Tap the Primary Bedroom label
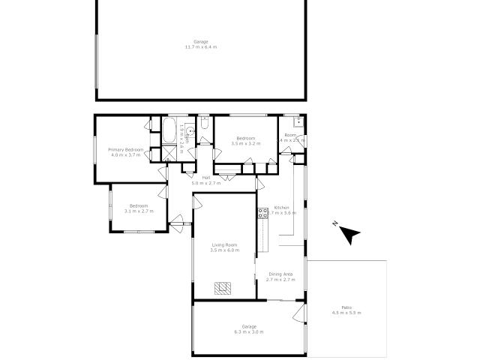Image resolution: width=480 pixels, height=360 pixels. point(126,149)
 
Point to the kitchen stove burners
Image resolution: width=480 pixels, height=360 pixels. point(262,212)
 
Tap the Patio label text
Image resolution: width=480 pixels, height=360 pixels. point(346,307)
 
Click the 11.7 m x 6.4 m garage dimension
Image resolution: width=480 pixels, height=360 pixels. point(201,47)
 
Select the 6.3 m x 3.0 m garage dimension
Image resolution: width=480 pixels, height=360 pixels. point(248,331)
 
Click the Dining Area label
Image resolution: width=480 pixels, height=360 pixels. point(280,274)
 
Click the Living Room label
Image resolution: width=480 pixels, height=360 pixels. point(224,244)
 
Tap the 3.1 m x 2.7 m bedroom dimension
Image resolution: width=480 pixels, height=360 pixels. point(139,211)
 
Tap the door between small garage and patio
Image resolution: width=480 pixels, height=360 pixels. point(299,312)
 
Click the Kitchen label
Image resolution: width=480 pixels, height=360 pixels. point(281,207)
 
